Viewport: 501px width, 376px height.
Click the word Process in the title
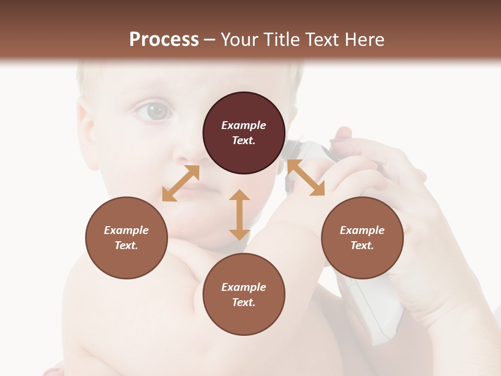tap(164, 40)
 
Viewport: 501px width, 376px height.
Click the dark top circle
tap(244, 133)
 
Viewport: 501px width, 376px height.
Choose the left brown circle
tap(126, 238)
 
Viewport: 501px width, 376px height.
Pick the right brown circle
tap(362, 238)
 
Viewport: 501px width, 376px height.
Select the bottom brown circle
tap(244, 295)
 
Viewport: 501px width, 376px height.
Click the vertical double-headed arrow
tap(240, 215)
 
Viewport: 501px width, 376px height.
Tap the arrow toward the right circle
tap(306, 178)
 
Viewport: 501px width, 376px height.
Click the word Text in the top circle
tap(243, 140)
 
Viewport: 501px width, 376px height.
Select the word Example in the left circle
tap(126, 230)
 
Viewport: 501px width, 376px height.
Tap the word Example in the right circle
tap(362, 230)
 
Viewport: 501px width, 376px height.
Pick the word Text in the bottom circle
tap(243, 302)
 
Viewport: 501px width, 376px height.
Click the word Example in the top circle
tap(244, 125)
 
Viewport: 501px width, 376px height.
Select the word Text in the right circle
tap(362, 245)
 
